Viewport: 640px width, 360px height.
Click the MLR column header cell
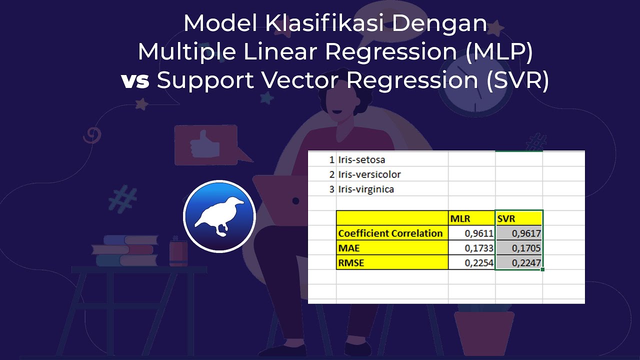(471, 218)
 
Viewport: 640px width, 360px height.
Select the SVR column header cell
(518, 218)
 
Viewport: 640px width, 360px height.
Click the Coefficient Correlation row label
(391, 233)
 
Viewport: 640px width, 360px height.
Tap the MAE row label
(391, 248)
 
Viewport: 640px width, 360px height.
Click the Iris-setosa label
(361, 160)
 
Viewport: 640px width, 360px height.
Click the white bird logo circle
(219, 216)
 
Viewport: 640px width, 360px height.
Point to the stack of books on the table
(125, 250)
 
